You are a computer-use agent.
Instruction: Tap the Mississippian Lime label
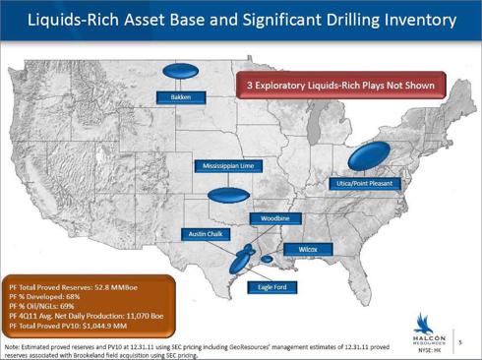pos(228,166)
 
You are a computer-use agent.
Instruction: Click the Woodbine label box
pos(274,217)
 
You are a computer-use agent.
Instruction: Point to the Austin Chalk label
pos(205,234)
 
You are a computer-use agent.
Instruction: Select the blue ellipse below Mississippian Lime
pos(228,195)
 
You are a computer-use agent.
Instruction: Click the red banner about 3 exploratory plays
pos(340,86)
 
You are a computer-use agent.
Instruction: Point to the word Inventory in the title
pos(414,20)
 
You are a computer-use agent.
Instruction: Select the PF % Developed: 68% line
pos(47,296)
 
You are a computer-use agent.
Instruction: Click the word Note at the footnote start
pos(15,347)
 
